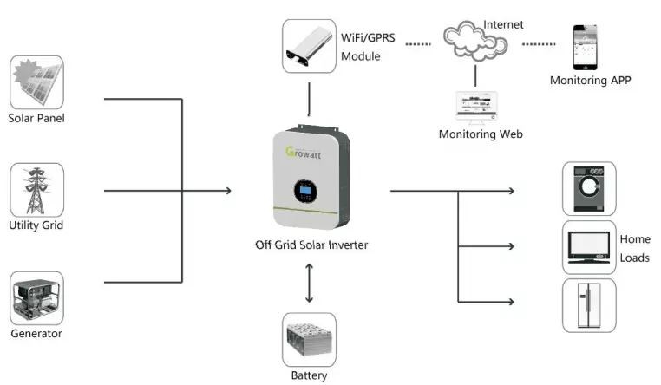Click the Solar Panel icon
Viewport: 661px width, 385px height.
pos(36,82)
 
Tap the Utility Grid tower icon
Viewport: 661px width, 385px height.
pos(36,190)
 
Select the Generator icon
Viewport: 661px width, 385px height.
pos(36,298)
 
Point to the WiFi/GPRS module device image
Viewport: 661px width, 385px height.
pos(310,48)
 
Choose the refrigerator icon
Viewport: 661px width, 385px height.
pos(589,304)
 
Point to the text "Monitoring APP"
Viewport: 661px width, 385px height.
pos(591,81)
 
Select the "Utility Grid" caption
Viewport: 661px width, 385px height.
pos(36,225)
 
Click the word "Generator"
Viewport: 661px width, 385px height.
pos(36,333)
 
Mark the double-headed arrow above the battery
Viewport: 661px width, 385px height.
pos(310,282)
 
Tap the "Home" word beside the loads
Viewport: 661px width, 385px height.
pos(634,238)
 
